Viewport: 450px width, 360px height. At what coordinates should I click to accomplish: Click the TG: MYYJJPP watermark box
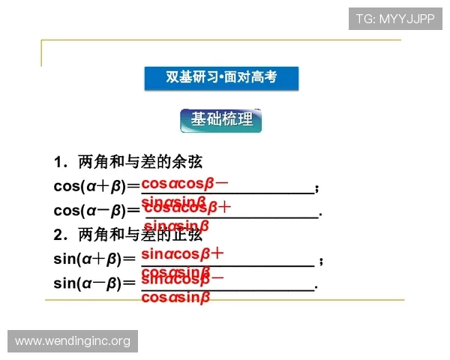click(x=395, y=19)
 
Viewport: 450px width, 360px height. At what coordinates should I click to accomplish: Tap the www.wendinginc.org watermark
click(x=72, y=341)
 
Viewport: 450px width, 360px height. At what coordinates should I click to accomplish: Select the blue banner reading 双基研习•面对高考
click(x=221, y=77)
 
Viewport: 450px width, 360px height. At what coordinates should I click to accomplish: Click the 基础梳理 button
click(x=221, y=119)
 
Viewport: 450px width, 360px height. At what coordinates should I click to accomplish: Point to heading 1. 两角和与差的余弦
click(x=127, y=162)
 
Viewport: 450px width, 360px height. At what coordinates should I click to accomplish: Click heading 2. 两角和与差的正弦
click(x=127, y=235)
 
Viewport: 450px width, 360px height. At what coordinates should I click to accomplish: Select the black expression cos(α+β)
click(x=88, y=186)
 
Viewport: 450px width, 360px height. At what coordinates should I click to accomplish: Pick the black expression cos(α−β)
click(x=88, y=211)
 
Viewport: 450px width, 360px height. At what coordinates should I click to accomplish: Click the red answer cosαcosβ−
click(x=185, y=183)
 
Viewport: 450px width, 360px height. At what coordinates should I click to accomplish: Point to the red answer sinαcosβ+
click(x=182, y=253)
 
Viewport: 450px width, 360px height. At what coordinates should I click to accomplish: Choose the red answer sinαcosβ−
click(x=182, y=279)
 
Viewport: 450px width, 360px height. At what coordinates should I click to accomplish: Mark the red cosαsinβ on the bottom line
click(x=175, y=298)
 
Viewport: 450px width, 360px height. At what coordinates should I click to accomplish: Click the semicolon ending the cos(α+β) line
click(x=318, y=187)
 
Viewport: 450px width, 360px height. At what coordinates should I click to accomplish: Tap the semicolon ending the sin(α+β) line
click(x=321, y=261)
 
